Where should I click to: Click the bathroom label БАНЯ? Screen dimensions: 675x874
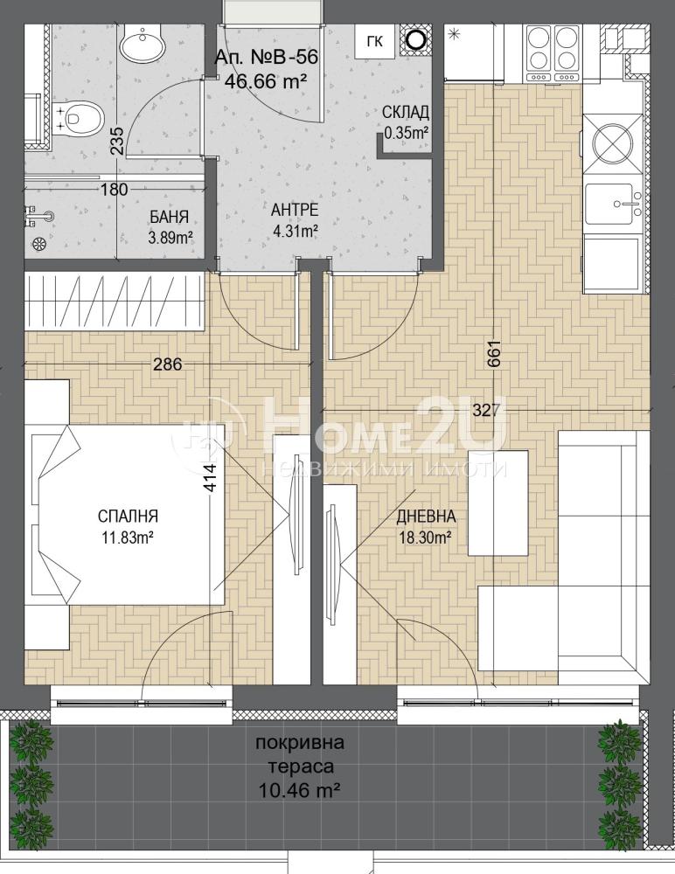(170, 216)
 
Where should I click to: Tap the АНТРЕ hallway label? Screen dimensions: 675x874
(295, 210)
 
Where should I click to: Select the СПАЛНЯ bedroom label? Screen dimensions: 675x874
(129, 516)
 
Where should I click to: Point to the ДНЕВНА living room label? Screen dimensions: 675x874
(426, 517)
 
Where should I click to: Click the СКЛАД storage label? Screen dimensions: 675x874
(406, 113)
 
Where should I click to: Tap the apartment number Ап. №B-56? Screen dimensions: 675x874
(267, 57)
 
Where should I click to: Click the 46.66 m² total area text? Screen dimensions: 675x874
(266, 80)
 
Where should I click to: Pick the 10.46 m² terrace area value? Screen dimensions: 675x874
(300, 790)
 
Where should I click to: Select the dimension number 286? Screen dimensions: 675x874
(168, 364)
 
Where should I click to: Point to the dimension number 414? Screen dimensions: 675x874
(211, 478)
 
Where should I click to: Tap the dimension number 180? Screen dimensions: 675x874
(114, 190)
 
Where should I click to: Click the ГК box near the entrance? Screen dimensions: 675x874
(375, 41)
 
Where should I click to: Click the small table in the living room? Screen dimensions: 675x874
(498, 503)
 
